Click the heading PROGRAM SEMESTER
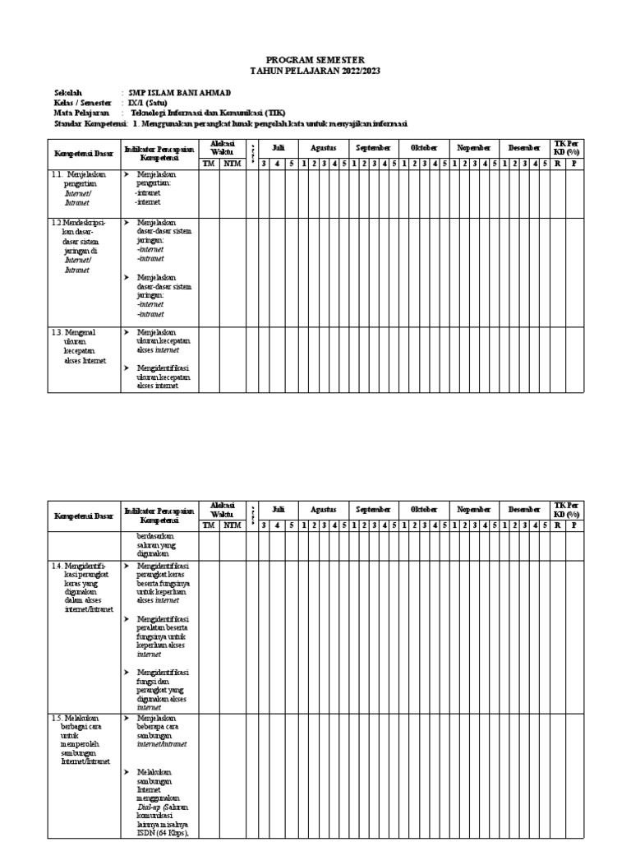315,60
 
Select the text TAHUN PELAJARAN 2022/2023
315,72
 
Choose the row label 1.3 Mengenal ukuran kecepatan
81,346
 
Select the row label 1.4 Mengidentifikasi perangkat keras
82,588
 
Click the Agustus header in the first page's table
323,147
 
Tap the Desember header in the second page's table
524,510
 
